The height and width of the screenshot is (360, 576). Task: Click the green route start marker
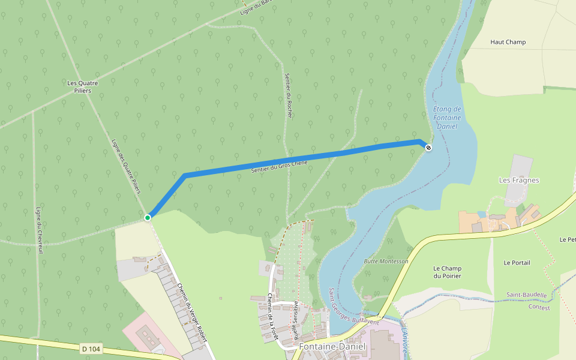pos(148,217)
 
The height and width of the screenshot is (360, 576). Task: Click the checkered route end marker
pos(428,147)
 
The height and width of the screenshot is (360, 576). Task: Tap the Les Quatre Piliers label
pos(83,86)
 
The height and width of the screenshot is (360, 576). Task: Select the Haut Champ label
pos(508,42)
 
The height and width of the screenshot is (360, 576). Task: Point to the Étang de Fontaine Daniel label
pos(447,118)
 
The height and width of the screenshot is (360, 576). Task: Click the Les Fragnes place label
pos(519,180)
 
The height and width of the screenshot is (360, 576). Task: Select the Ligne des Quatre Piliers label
pos(126,166)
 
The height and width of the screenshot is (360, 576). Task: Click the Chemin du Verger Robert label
pos(192,311)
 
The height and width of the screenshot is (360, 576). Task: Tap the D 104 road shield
pos(90,348)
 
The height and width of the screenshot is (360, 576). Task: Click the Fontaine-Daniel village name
pos(332,347)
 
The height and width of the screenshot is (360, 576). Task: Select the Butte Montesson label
pos(386,262)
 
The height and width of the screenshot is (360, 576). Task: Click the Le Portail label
pos(517,263)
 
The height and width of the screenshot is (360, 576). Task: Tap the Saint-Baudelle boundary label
pos(526,295)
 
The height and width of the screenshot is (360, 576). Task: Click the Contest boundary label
pos(539,307)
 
